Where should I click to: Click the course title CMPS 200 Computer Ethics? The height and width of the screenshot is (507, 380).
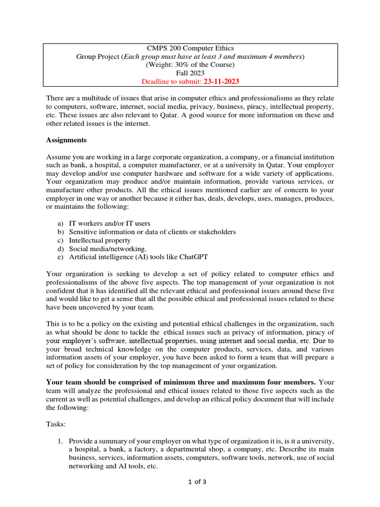click(190, 48)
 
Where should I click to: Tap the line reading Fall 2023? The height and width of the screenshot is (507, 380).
click(190, 73)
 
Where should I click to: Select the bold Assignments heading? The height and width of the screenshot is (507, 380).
click(66, 140)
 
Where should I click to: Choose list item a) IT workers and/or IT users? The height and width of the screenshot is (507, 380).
click(109, 224)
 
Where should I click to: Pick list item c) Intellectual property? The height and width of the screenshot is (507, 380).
click(99, 240)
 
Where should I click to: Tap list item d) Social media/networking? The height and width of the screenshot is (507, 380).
click(107, 249)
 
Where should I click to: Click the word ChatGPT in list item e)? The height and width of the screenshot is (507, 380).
click(194, 256)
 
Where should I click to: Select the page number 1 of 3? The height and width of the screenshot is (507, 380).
click(190, 483)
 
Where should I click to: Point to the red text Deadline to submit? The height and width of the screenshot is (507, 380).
click(172, 81)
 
